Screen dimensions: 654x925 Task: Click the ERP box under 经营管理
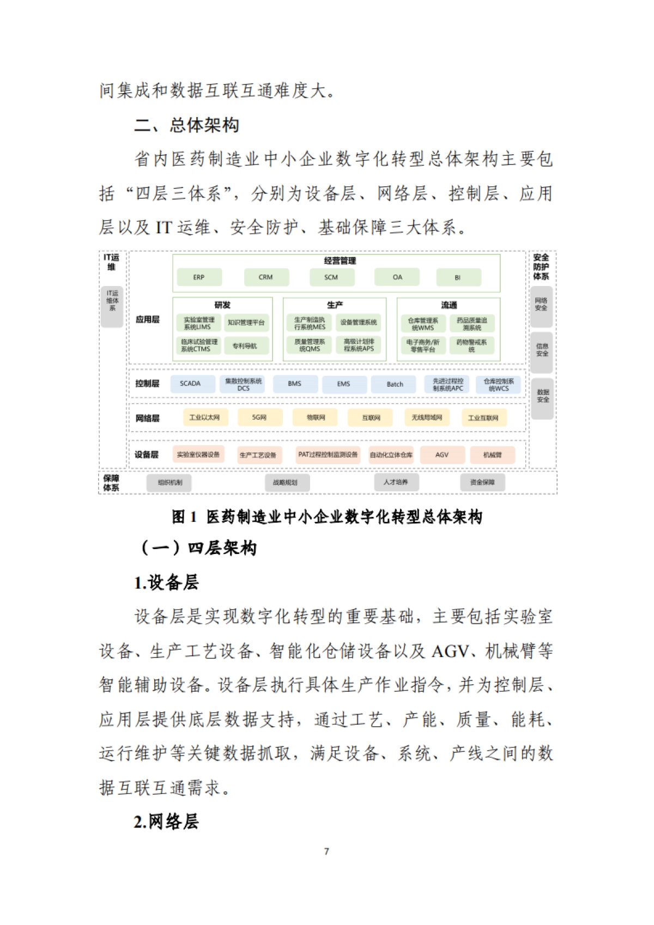click(199, 277)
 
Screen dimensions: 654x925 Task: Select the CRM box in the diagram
click(266, 277)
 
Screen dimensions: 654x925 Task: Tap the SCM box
click(331, 277)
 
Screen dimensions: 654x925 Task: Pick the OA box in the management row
click(397, 277)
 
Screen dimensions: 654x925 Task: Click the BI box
click(458, 277)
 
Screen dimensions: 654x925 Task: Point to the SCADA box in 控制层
click(190, 384)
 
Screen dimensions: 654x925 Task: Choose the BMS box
click(295, 384)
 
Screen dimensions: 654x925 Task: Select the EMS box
click(344, 384)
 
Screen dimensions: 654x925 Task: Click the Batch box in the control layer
click(395, 384)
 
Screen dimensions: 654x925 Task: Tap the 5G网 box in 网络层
click(259, 417)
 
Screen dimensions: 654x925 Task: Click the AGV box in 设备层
click(442, 454)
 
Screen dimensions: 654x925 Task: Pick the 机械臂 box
click(492, 454)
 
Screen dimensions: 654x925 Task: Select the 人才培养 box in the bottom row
click(396, 482)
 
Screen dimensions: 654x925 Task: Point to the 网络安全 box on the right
click(541, 304)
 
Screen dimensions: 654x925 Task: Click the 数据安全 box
click(542, 396)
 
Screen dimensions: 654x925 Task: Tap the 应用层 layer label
click(147, 319)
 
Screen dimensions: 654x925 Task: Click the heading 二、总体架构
click(186, 125)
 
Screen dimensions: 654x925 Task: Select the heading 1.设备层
click(166, 582)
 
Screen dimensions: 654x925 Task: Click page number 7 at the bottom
click(326, 851)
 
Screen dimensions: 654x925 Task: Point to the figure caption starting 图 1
click(327, 516)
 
